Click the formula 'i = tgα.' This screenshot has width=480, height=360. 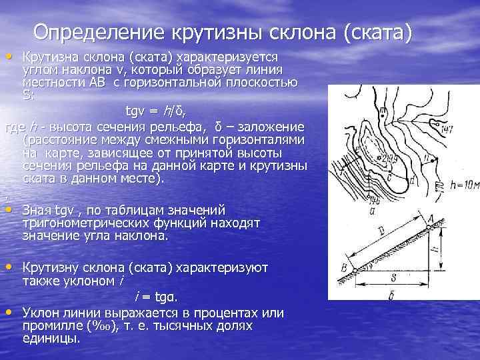tap(157, 296)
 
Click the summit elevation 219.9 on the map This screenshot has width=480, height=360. tap(387, 158)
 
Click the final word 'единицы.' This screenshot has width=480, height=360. tap(51, 339)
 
